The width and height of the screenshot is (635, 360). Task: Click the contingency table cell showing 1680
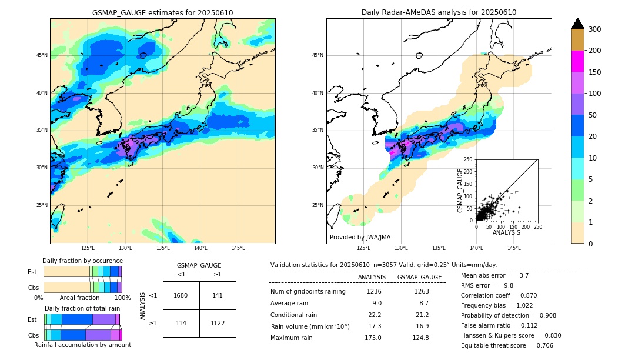pos(181,295)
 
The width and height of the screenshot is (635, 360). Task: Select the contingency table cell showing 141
pos(218,295)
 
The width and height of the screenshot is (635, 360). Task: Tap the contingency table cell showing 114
pos(181,323)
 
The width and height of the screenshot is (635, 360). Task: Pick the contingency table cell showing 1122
pos(218,323)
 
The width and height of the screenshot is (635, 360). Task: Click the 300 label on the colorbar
pos(595,29)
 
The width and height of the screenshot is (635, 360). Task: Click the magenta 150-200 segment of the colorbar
pos(578,61)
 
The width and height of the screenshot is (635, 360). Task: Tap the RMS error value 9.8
pos(509,285)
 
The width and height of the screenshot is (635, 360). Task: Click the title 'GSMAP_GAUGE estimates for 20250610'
pos(162,12)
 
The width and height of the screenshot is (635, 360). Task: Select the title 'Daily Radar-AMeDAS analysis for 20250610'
pos(439,12)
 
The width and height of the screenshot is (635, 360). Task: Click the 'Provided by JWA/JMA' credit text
pos(360,238)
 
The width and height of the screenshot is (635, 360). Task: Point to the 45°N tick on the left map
pos(42,55)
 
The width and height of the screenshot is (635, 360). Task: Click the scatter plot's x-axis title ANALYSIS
pos(506,232)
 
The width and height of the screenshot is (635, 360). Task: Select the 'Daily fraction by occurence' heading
pos(82,261)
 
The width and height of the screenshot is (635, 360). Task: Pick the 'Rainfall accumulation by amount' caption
pos(82,345)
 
